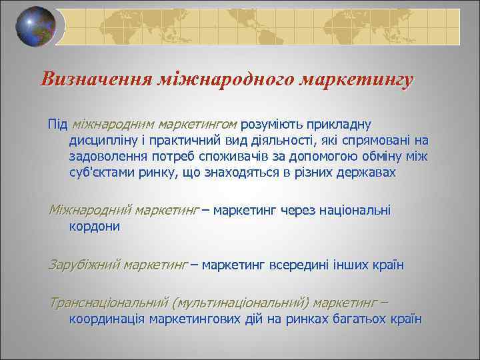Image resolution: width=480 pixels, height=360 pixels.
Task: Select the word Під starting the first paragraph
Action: [x=57, y=124]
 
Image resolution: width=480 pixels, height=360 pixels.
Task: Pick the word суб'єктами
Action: [x=103, y=173]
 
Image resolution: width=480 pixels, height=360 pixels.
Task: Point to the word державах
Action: [x=366, y=173]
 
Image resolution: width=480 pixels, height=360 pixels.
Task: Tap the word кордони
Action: [x=95, y=227]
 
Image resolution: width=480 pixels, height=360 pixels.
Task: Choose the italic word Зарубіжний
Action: [x=83, y=265]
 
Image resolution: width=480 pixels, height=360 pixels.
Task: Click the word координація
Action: [x=108, y=319]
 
